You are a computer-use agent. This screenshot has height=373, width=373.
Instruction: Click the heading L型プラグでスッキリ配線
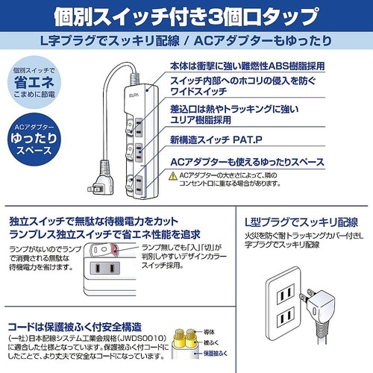pos(300,224)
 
